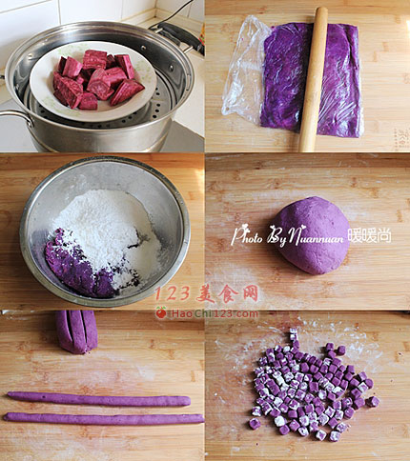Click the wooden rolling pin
[314, 79]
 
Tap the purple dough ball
[312, 235]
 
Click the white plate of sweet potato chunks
[92, 81]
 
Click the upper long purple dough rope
[98, 399]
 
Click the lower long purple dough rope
[103, 419]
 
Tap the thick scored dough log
[77, 331]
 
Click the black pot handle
[179, 36]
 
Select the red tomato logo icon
[161, 312]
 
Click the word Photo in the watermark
[247, 235]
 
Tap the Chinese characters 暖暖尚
[369, 235]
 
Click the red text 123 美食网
[207, 293]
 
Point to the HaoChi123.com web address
[215, 314]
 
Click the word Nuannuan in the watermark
[317, 237]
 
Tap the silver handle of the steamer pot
[16, 116]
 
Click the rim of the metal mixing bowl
[105, 159]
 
